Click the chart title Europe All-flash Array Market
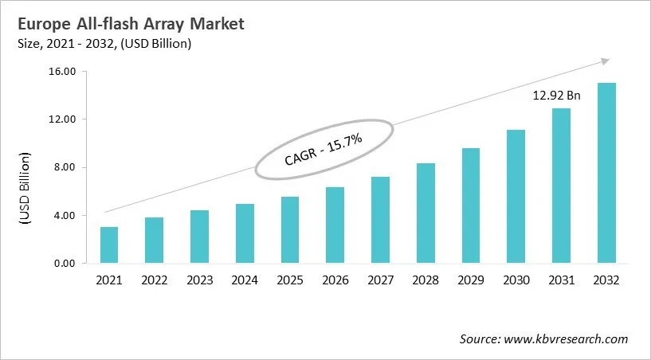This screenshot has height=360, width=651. tap(134, 24)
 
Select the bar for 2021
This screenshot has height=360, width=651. tap(109, 245)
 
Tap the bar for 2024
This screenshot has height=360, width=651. tap(245, 234)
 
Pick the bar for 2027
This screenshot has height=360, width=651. tap(380, 221)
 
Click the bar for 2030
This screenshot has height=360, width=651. tap(516, 197)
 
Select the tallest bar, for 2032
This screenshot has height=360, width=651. tap(606, 174)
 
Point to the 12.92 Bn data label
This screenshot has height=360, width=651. tap(556, 96)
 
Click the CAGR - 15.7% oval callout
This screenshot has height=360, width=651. tap(324, 149)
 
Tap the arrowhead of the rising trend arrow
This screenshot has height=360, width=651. tap(606, 61)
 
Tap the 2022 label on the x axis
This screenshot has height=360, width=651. tap(155, 281)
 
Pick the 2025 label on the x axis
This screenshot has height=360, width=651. tap(290, 281)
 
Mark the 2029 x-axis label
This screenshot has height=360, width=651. tap(470, 281)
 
